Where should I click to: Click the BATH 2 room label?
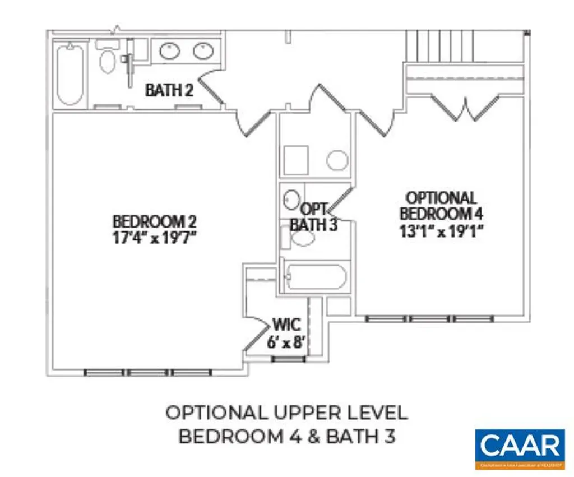[169, 90]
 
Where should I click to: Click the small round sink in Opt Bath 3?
[290, 198]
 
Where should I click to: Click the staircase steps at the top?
[441, 45]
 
